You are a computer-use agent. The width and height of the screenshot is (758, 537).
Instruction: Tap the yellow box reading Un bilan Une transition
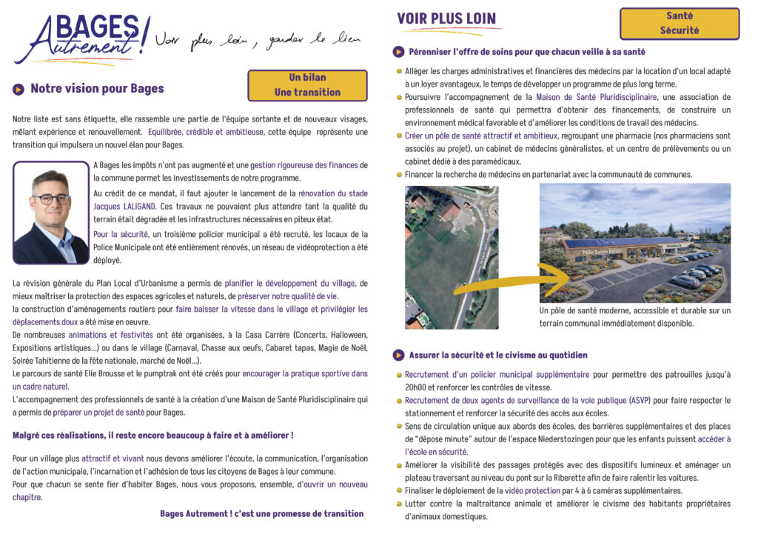point(307,85)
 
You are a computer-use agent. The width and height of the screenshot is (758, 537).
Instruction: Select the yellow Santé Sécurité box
point(679,24)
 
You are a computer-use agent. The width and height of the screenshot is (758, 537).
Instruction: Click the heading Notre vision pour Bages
point(97,89)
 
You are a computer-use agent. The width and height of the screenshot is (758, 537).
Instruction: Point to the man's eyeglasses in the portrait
point(51,199)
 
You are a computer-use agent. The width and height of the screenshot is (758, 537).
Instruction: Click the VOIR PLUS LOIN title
point(446,19)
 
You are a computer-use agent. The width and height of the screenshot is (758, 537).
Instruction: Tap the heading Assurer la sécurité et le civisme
point(497,355)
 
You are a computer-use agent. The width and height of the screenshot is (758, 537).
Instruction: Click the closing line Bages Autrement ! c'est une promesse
point(261,513)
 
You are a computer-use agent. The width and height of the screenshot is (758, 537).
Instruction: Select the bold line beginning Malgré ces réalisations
point(153,435)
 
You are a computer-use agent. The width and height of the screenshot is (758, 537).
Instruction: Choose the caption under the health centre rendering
point(634,317)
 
